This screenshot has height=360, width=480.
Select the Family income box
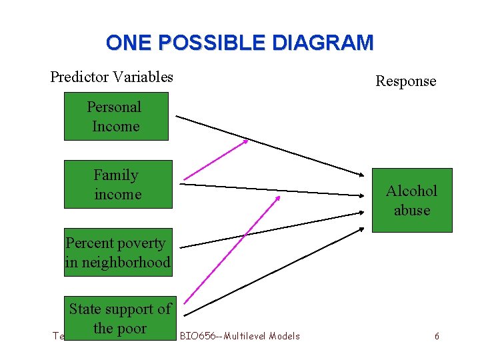click(x=118, y=185)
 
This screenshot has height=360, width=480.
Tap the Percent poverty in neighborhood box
click(x=118, y=253)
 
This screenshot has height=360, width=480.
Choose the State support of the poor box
click(x=120, y=318)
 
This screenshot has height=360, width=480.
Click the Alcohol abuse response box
click(x=411, y=200)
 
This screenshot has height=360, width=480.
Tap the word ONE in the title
click(x=129, y=43)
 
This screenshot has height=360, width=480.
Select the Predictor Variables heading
click(x=111, y=77)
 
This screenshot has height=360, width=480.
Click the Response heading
click(x=405, y=81)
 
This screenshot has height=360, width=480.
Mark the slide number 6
click(x=437, y=336)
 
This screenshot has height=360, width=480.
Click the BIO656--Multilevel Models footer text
click(x=240, y=336)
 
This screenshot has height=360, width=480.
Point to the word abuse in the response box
click(x=412, y=210)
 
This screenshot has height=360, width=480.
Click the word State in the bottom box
click(x=85, y=309)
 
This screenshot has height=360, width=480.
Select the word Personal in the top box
click(x=115, y=107)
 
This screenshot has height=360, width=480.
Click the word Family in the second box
click(x=116, y=175)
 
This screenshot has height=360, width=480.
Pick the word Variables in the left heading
click(x=142, y=77)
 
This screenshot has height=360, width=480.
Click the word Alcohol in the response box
click(x=411, y=191)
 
